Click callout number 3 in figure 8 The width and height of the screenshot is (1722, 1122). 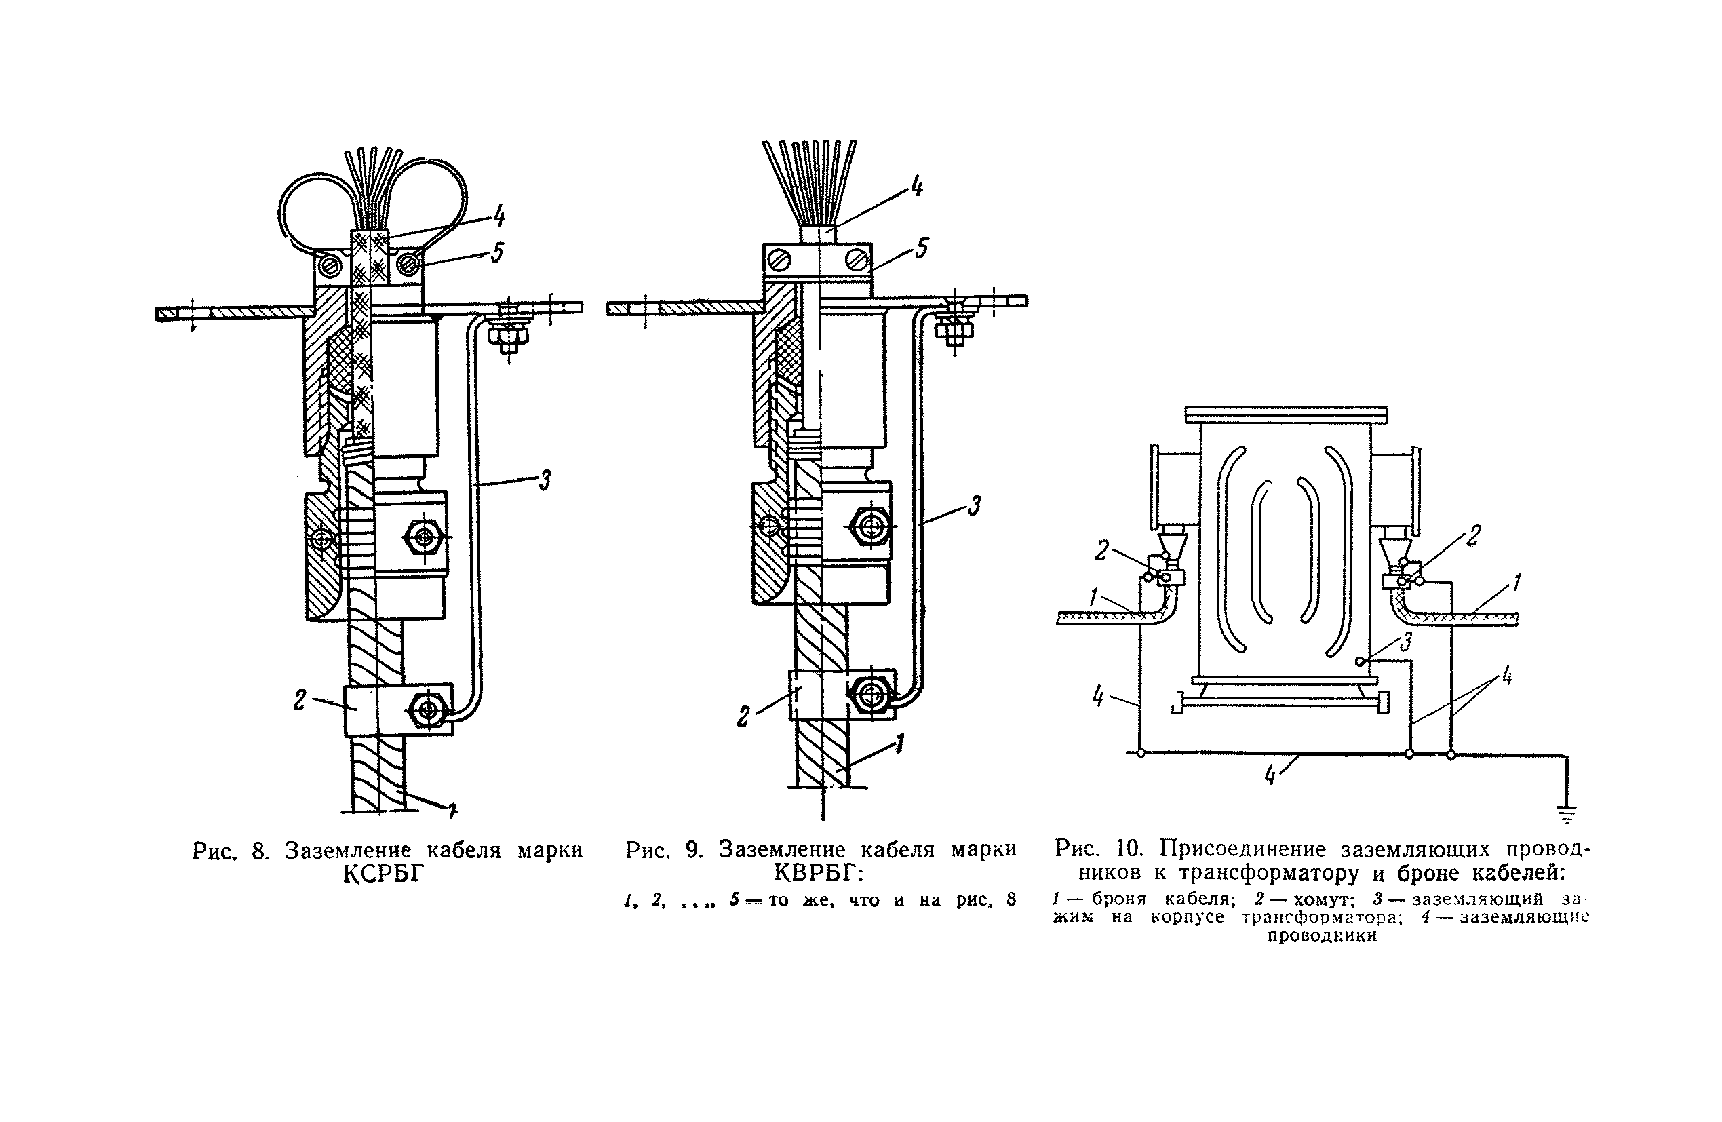[545, 480]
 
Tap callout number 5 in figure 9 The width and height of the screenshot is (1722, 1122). [921, 248]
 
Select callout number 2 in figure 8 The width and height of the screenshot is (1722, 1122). [300, 700]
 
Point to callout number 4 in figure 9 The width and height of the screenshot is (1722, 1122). [916, 187]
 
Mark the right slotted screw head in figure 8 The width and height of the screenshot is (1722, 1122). [408, 267]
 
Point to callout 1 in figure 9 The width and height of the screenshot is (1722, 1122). [899, 743]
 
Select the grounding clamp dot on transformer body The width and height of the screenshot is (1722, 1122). [1361, 660]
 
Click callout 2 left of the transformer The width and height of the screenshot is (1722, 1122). [1101, 551]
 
